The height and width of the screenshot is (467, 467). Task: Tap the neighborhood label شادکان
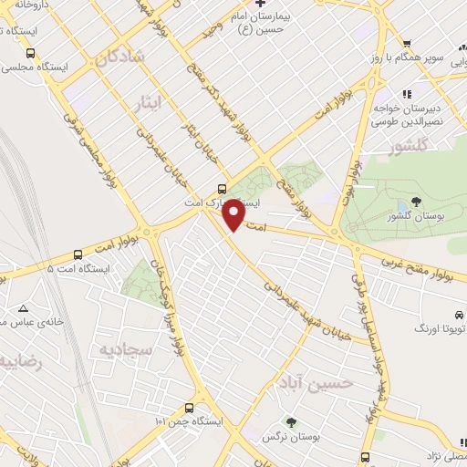click(x=119, y=57)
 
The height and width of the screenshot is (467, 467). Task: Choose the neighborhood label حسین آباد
click(x=329, y=382)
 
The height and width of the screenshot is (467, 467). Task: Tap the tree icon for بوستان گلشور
click(x=417, y=202)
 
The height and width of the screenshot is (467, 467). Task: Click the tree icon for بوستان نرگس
click(x=292, y=421)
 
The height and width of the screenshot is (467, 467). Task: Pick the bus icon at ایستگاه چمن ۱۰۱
click(x=189, y=408)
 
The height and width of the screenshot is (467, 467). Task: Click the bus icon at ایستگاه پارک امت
click(x=208, y=190)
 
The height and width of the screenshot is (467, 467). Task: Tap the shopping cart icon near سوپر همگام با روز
click(x=406, y=44)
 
